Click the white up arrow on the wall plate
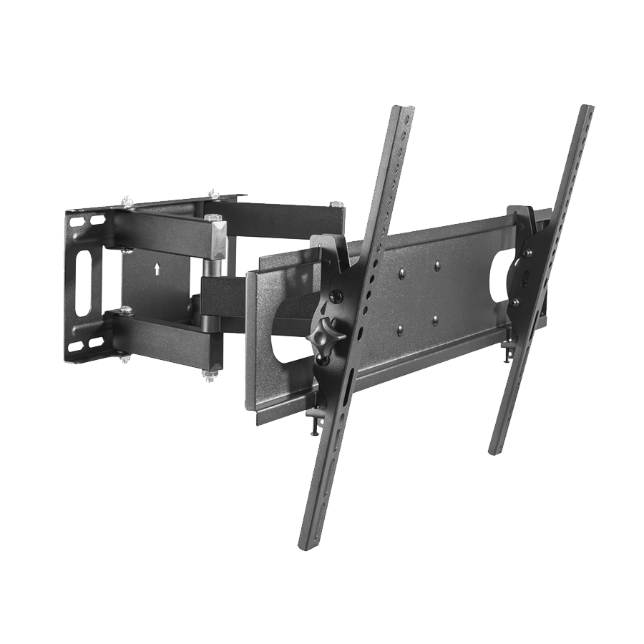click(157, 269)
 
